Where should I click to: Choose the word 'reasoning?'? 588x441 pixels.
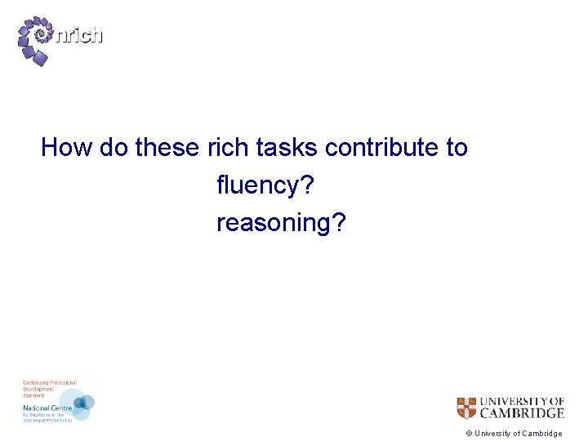[x=281, y=223]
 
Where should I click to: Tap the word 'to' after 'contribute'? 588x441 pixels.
[x=457, y=148]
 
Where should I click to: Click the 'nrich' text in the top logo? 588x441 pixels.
[x=80, y=35]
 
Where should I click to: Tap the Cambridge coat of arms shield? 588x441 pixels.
[x=465, y=408]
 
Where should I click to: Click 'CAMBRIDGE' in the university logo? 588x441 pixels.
[x=520, y=413]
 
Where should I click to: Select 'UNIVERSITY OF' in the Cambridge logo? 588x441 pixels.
[x=521, y=401]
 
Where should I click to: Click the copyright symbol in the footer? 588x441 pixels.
[x=469, y=434]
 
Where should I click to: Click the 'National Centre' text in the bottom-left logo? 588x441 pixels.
[x=47, y=406]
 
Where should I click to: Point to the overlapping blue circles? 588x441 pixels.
[x=82, y=403]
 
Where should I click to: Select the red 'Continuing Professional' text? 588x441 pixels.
[x=48, y=383]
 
